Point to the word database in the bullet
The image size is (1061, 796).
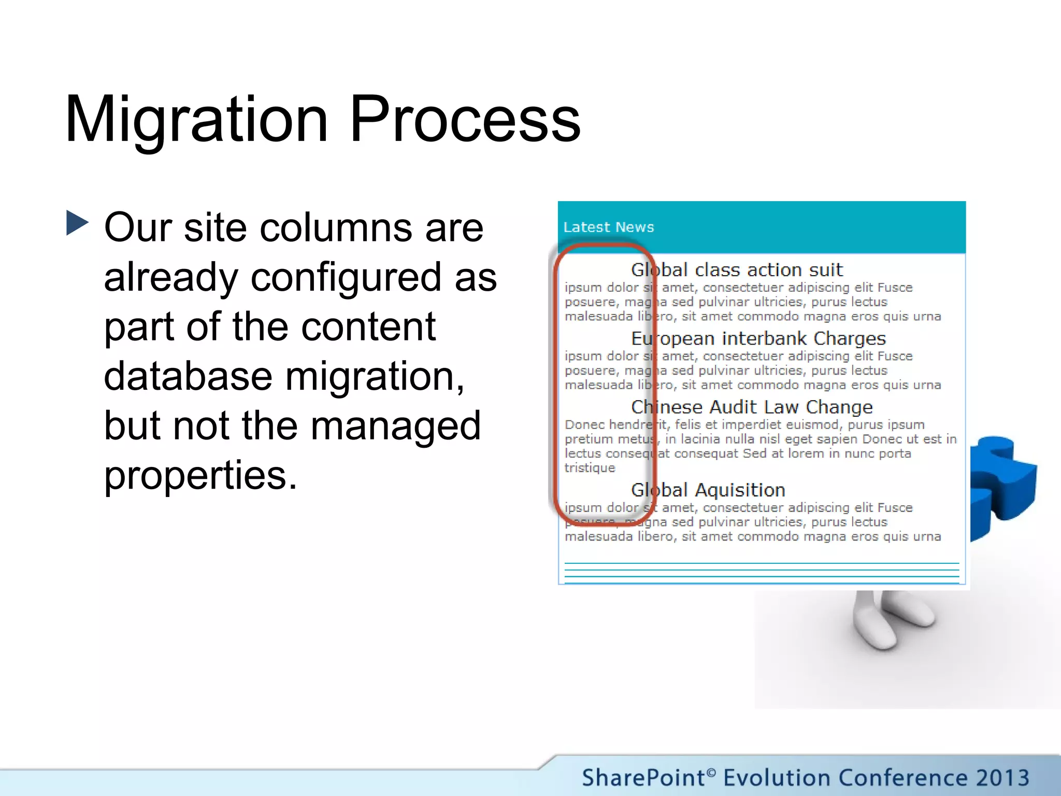point(188,376)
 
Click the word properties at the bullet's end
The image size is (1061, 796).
point(200,475)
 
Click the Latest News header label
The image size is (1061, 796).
point(608,227)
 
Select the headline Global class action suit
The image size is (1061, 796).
point(736,269)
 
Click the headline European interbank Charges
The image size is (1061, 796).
point(758,338)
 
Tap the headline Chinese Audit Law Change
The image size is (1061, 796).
point(751,407)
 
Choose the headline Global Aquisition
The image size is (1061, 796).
point(708,490)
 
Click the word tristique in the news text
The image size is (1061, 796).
point(590,468)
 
